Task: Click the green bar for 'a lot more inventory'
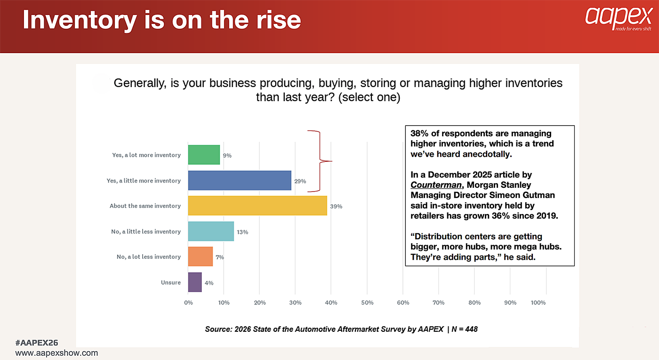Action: pyautogui.click(x=204, y=155)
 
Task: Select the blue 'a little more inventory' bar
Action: pyautogui.click(x=240, y=180)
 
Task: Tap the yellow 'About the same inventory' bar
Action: pyautogui.click(x=257, y=206)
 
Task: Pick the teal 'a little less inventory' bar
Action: pyautogui.click(x=211, y=231)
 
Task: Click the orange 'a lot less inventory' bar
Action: pyautogui.click(x=200, y=256)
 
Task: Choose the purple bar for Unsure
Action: pyautogui.click(x=195, y=282)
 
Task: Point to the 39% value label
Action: pyautogui.click(x=336, y=206)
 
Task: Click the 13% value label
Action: pyautogui.click(x=242, y=232)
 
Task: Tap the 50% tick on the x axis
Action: pyautogui.click(x=367, y=303)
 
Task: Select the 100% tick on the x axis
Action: pyautogui.click(x=538, y=303)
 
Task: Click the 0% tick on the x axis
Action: pyautogui.click(x=188, y=303)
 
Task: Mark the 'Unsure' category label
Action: pyautogui.click(x=170, y=282)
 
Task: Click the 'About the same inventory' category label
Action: pyautogui.click(x=145, y=206)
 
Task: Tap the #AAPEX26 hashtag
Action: pyautogui.click(x=37, y=343)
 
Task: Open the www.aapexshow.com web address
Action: pyautogui.click(x=56, y=352)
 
